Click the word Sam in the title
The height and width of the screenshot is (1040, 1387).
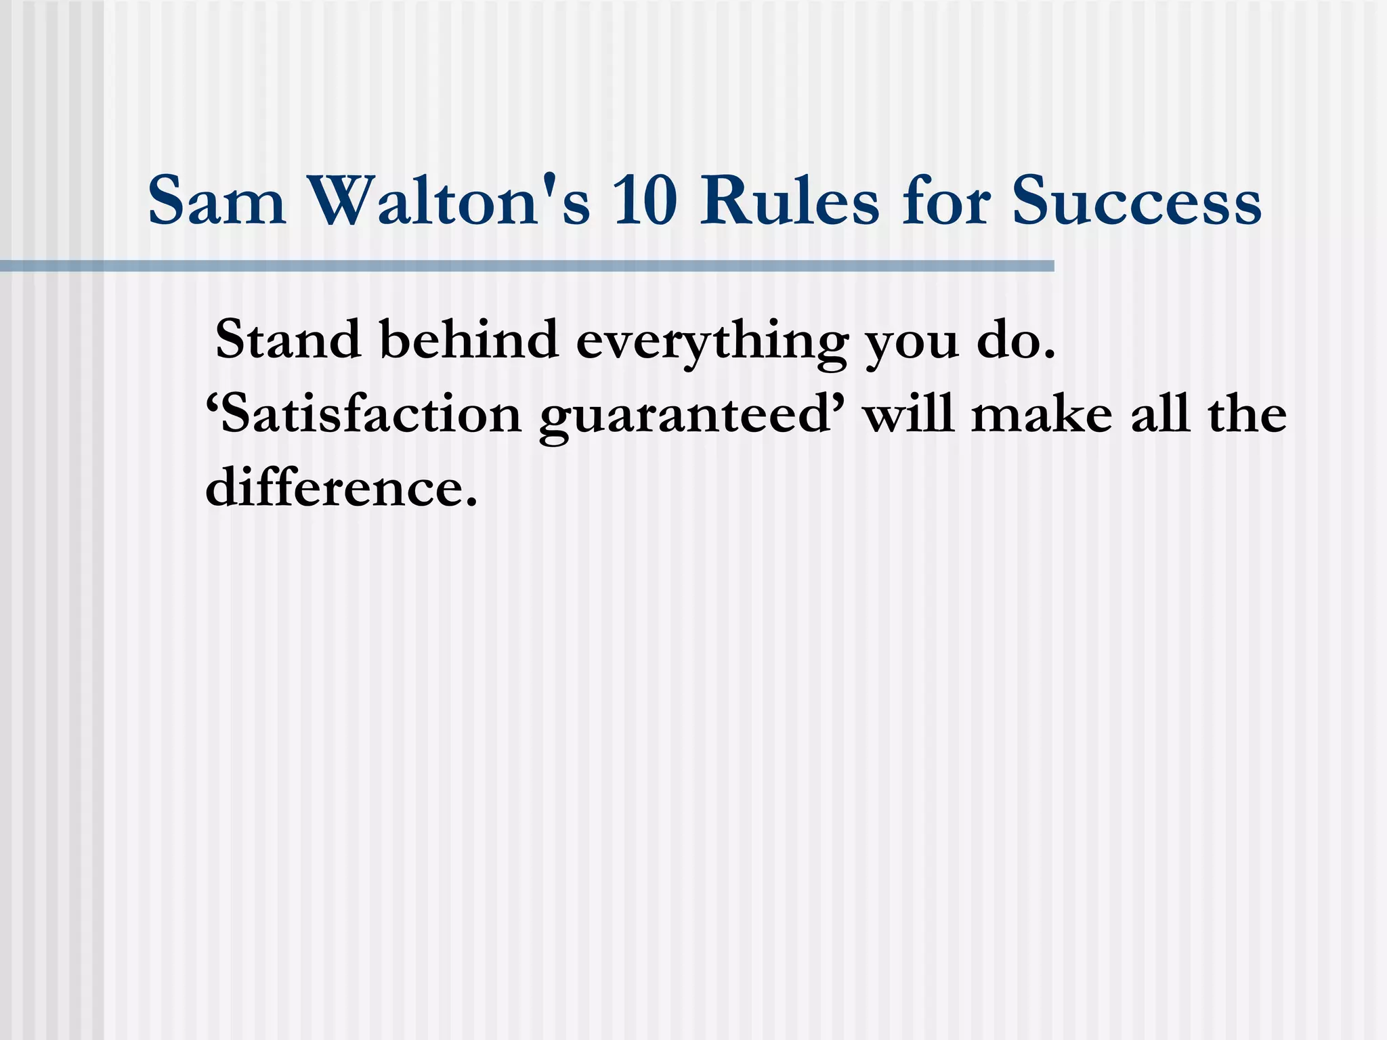coord(217,201)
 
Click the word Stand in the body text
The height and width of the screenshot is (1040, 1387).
coord(288,339)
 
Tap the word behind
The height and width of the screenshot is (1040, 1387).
coord(469,339)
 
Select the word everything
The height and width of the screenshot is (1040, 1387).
coord(711,342)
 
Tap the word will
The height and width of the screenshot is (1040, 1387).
coord(908,414)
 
